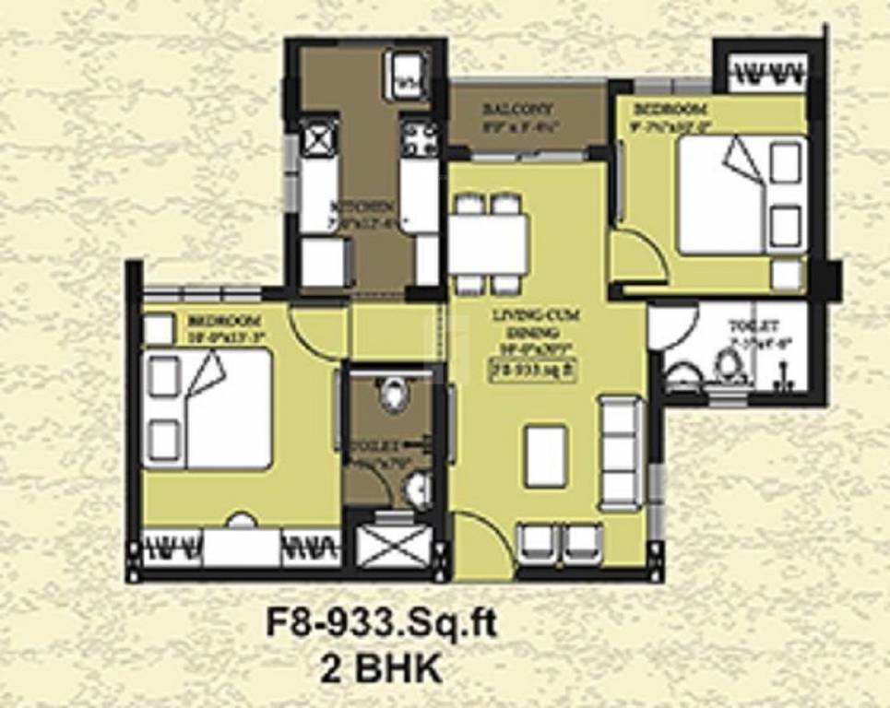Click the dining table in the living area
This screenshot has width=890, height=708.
click(489, 243)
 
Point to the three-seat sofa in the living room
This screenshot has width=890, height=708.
click(621, 454)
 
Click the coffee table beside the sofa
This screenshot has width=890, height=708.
click(545, 456)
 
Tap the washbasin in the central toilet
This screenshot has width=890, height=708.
click(421, 484)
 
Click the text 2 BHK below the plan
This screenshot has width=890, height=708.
click(381, 667)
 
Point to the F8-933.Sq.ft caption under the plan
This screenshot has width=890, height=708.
click(381, 623)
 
